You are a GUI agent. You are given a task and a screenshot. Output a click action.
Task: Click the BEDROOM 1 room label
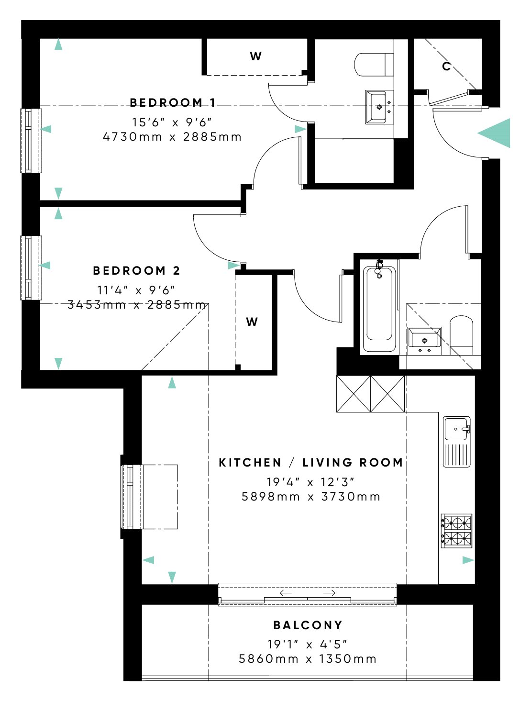point(173,102)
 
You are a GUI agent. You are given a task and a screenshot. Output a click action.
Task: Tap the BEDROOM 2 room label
point(136,270)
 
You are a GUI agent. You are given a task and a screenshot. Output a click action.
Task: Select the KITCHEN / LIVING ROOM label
point(310,462)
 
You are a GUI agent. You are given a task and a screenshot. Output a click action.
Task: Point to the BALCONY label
point(308,625)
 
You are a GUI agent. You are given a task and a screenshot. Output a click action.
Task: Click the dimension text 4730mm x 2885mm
point(172,137)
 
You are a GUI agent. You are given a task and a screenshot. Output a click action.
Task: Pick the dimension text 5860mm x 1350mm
point(308,659)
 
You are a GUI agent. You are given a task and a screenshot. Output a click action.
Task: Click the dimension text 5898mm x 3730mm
point(310,497)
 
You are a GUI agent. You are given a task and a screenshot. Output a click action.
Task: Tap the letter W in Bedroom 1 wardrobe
point(255,56)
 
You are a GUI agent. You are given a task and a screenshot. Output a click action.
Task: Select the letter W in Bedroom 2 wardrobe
point(252,322)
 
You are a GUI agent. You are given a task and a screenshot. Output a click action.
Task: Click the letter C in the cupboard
point(446,67)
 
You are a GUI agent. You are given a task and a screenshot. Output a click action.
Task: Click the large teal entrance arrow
point(495,134)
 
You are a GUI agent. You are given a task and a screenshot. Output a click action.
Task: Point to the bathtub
point(379,309)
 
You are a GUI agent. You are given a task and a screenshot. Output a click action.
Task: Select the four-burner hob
point(456,531)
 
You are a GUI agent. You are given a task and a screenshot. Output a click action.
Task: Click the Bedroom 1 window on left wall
point(31,141)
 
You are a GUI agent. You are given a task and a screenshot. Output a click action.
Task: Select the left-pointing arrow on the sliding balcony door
point(286,593)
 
